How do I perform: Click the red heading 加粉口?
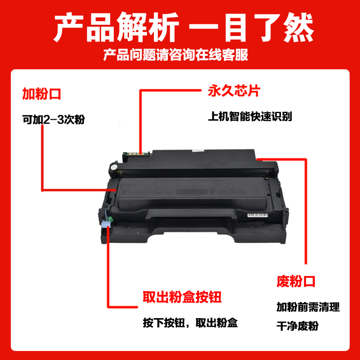[41, 94]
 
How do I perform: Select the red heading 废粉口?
[296, 282]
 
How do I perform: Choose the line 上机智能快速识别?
[250, 117]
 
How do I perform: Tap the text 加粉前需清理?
[308, 307]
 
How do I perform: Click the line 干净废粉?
[297, 326]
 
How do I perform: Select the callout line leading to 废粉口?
[306, 211]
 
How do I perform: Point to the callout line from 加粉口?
[42, 157]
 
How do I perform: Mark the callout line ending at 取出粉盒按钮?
[108, 270]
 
